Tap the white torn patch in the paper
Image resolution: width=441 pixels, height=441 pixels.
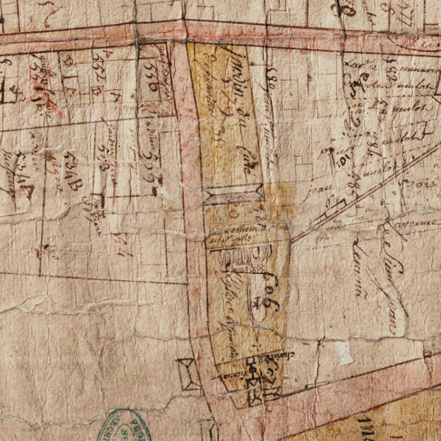coord(344,353)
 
